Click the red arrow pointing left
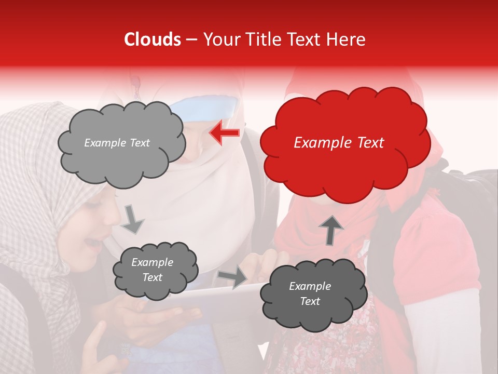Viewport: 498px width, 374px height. tap(224, 133)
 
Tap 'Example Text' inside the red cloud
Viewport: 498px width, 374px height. tap(339, 143)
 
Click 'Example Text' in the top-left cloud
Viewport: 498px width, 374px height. tap(117, 143)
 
